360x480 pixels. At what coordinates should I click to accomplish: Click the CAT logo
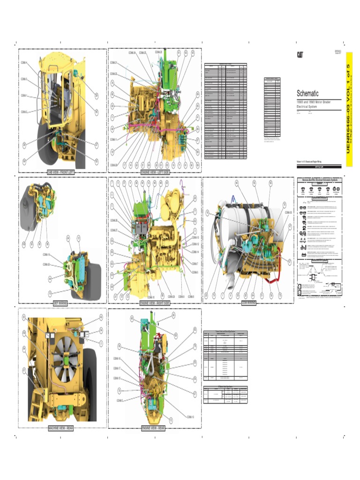299,54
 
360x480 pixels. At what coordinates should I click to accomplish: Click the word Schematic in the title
307,93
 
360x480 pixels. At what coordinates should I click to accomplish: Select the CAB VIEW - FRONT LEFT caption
60,172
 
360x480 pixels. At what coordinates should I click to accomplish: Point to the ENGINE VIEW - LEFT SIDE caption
155,172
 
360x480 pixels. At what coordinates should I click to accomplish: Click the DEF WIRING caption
60,303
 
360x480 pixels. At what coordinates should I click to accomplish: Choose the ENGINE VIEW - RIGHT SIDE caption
155,303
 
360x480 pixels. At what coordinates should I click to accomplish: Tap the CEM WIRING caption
248,303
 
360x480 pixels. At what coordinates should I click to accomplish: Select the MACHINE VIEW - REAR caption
60,428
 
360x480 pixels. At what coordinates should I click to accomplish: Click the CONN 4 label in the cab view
24,62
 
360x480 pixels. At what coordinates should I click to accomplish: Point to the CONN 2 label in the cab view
24,112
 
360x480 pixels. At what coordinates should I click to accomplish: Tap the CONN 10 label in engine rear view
190,417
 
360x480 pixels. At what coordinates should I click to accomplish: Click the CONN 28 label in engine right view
114,220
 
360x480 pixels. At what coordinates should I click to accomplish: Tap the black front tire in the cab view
45,141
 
